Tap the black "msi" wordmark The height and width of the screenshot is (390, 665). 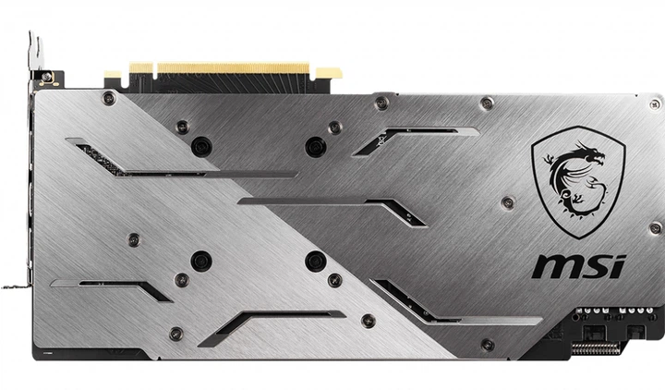point(578,266)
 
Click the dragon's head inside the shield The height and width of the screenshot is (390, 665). point(591,157)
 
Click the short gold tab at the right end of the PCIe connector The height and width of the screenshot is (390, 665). point(328,73)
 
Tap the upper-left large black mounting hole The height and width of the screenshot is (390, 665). point(200,146)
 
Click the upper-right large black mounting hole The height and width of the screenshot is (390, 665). point(316,146)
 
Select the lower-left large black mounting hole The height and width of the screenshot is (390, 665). point(200,261)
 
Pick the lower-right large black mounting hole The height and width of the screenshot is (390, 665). point(316,261)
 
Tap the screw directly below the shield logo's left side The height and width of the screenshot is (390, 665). point(506,202)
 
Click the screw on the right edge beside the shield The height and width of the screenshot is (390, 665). point(655,227)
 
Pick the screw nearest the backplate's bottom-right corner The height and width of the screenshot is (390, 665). point(488,345)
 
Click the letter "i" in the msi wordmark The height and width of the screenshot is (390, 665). point(618,264)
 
